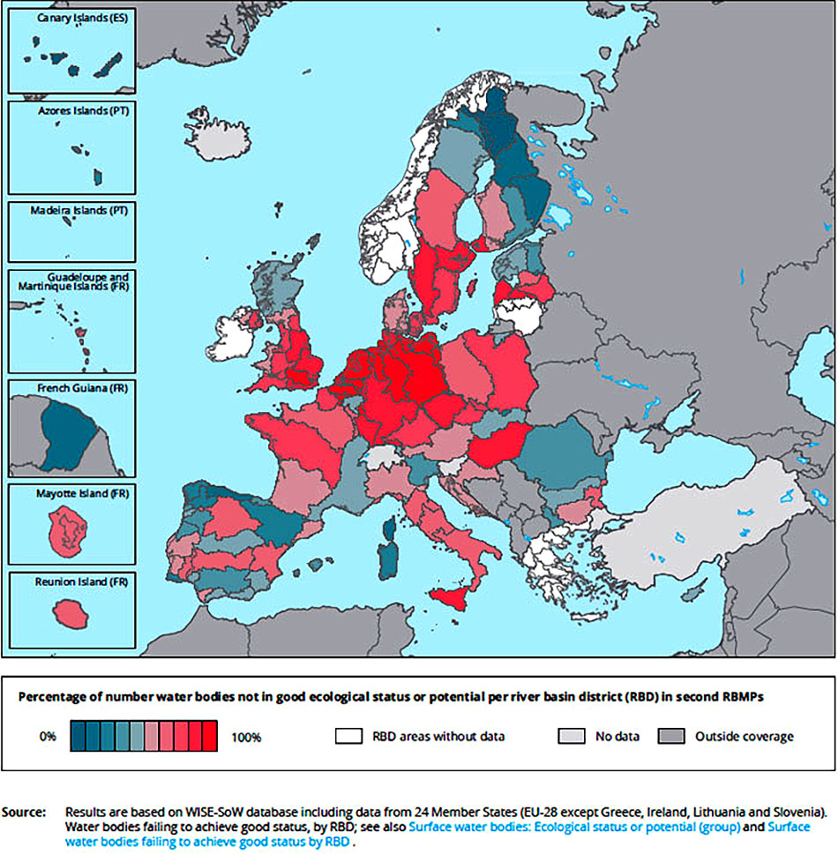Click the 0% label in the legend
49,737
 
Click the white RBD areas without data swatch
350,736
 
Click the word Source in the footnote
24,810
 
